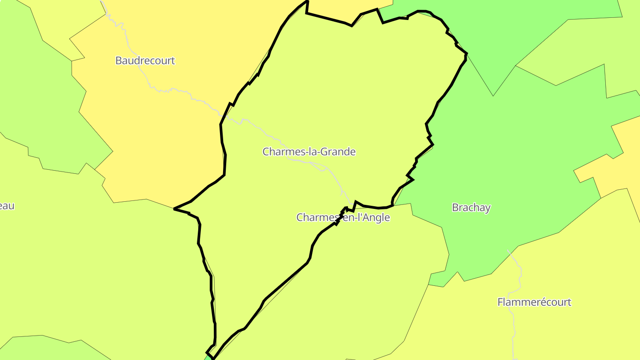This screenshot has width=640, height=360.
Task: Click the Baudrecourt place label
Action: [145, 60]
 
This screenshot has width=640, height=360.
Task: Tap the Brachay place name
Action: [471, 208]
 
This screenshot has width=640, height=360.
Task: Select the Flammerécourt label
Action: [534, 302]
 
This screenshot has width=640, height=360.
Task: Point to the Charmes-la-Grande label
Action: [309, 152]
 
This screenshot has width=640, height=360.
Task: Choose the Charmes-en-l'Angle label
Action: [343, 217]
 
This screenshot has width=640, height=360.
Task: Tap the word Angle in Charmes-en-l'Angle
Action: [376, 217]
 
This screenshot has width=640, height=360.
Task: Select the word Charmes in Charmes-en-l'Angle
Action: [314, 217]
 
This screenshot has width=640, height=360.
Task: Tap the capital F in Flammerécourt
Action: [500, 302]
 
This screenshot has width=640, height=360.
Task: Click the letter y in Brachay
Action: [488, 208]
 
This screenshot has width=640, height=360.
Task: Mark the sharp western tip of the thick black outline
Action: [174, 208]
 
